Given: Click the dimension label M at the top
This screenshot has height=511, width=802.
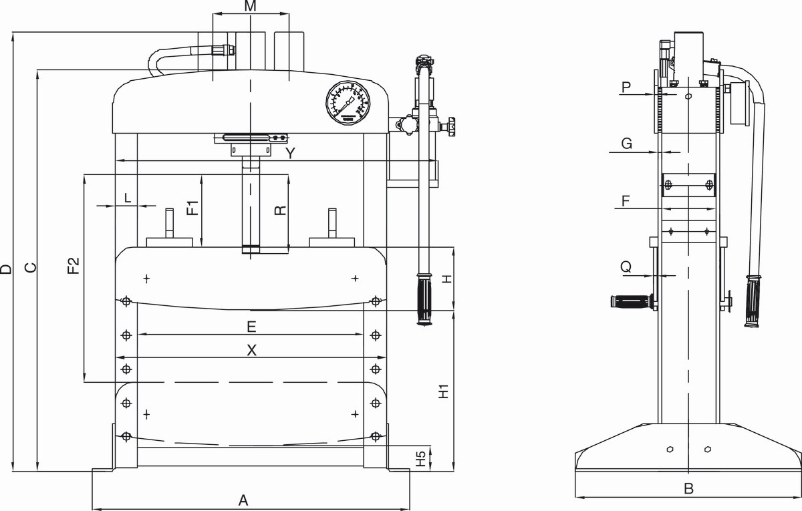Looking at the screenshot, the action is pyautogui.click(x=250, y=6).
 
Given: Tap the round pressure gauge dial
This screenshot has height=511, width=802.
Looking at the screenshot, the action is pyautogui.click(x=348, y=103).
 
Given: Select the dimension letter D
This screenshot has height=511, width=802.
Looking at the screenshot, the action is pyautogui.click(x=6, y=269).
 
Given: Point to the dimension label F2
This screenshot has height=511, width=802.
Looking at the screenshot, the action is pyautogui.click(x=73, y=266).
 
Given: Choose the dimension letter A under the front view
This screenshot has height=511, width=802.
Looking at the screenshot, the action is pyautogui.click(x=243, y=500).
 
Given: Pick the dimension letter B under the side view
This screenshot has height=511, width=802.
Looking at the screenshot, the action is pyautogui.click(x=688, y=488).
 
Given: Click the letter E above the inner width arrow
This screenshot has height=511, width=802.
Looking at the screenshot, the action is pyautogui.click(x=252, y=327).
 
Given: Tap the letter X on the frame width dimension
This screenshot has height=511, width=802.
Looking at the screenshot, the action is pyautogui.click(x=252, y=350).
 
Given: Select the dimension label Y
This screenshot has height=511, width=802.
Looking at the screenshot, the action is pyautogui.click(x=291, y=153).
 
